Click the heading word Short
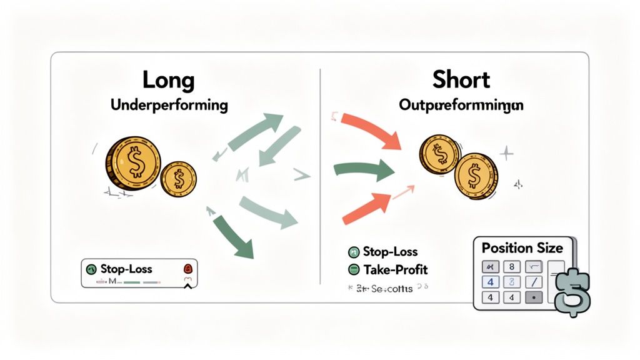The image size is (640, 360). pyautogui.click(x=461, y=80)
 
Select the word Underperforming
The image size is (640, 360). pyautogui.click(x=169, y=104)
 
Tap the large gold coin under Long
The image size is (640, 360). pyautogui.click(x=133, y=164)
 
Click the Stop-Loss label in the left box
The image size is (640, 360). pyautogui.click(x=127, y=269)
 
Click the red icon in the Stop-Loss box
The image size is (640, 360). pyautogui.click(x=187, y=269)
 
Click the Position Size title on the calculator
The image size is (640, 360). pyautogui.click(x=522, y=248)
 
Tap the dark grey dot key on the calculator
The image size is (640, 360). pyautogui.click(x=533, y=297)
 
